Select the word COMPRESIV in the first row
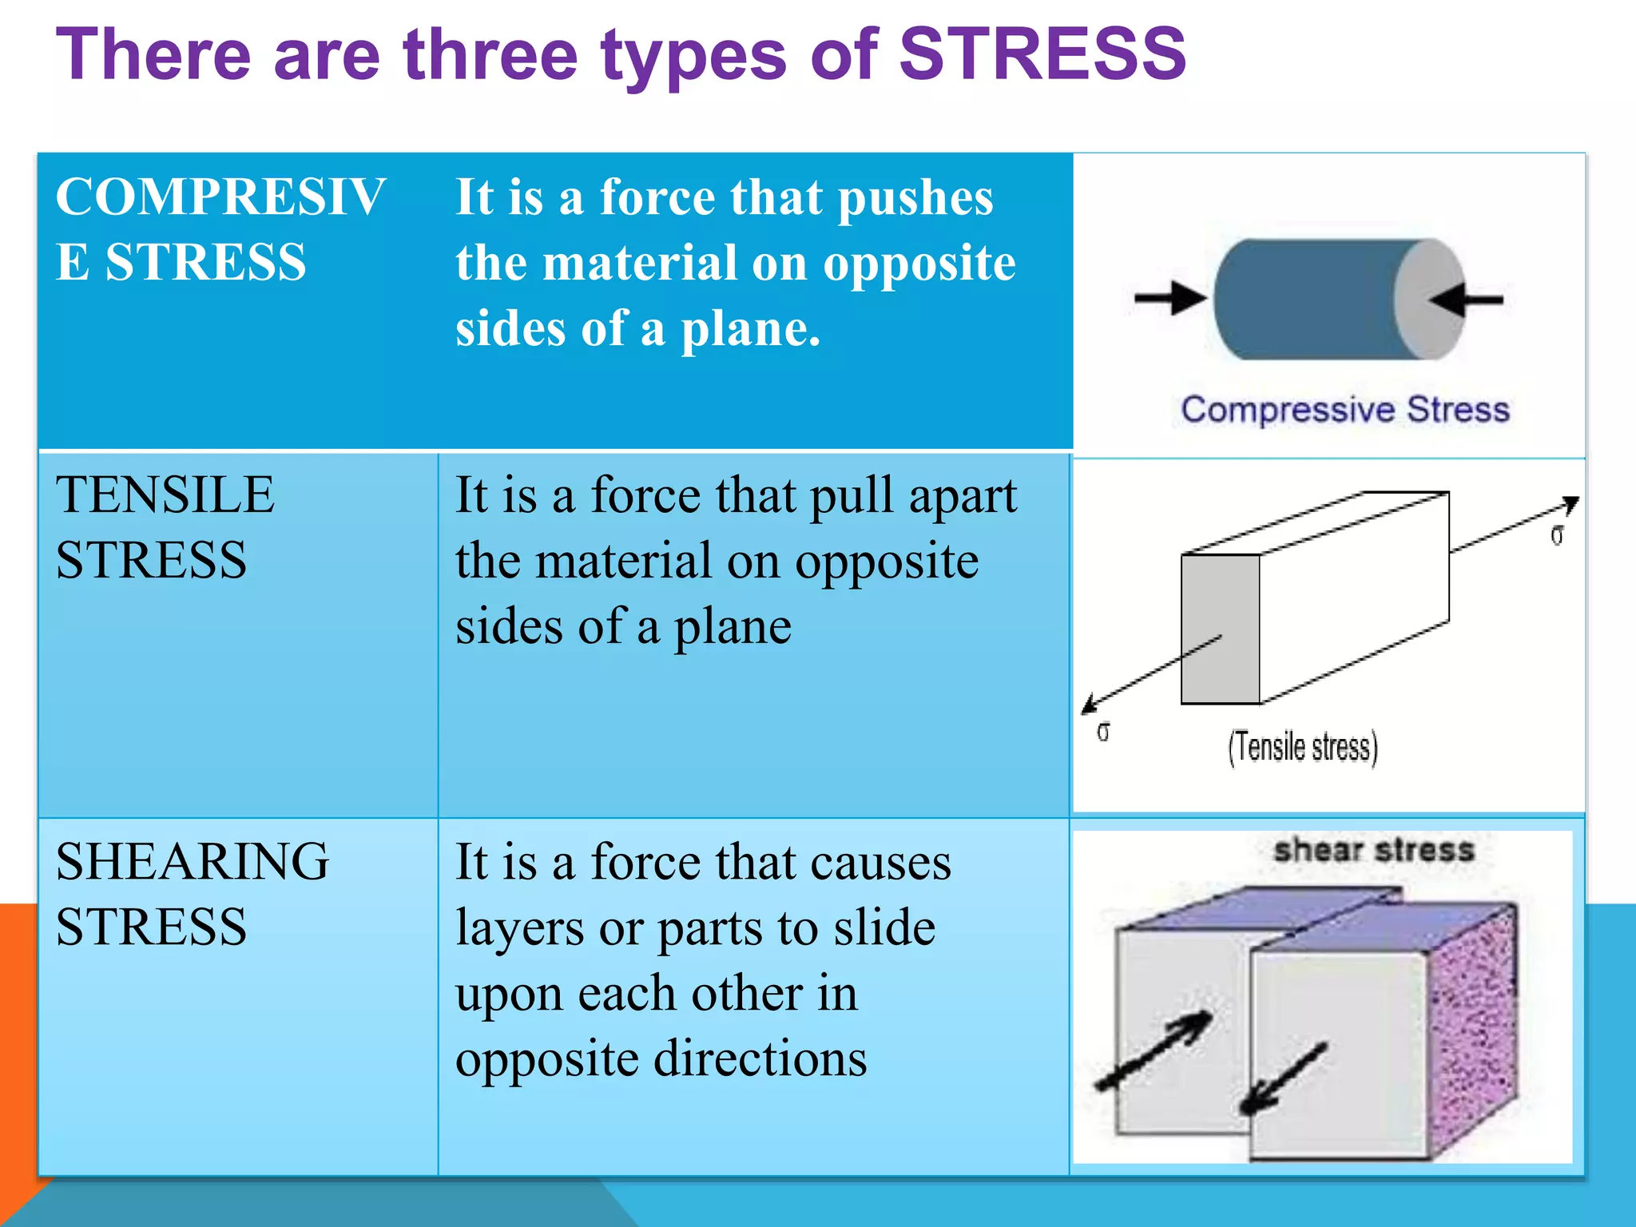[220, 197]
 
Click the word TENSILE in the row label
[165, 494]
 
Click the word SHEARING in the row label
[192, 862]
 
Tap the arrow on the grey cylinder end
[1466, 300]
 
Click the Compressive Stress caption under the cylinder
[1345, 410]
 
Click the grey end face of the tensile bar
[1220, 629]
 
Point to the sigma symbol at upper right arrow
[1557, 535]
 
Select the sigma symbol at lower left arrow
[1103, 732]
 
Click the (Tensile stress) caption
[1303, 748]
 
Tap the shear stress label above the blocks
[1373, 850]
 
